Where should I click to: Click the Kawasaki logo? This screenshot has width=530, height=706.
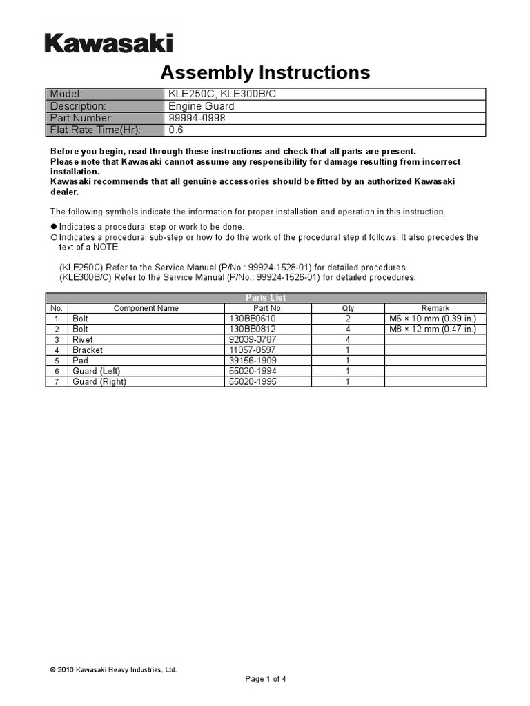tap(109, 44)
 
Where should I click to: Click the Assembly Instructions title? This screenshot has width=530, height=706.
tap(265, 72)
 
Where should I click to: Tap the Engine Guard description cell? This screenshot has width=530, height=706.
tap(202, 106)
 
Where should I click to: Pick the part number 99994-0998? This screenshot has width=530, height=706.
tap(197, 118)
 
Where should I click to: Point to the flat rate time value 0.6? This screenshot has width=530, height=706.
tap(176, 130)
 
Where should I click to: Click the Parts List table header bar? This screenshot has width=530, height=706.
tap(266, 298)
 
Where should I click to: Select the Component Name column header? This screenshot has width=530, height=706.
tap(146, 308)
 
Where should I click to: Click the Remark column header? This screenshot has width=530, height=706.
tap(435, 308)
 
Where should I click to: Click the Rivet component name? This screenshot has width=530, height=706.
tap(83, 340)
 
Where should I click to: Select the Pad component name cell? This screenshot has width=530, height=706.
tap(80, 361)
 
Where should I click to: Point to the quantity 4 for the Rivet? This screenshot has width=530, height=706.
tap(348, 340)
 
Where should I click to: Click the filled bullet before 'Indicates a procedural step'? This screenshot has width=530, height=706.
tap(54, 227)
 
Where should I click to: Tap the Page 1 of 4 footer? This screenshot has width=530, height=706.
tap(266, 679)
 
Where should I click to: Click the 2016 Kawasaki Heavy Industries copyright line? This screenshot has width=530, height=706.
tap(113, 669)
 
